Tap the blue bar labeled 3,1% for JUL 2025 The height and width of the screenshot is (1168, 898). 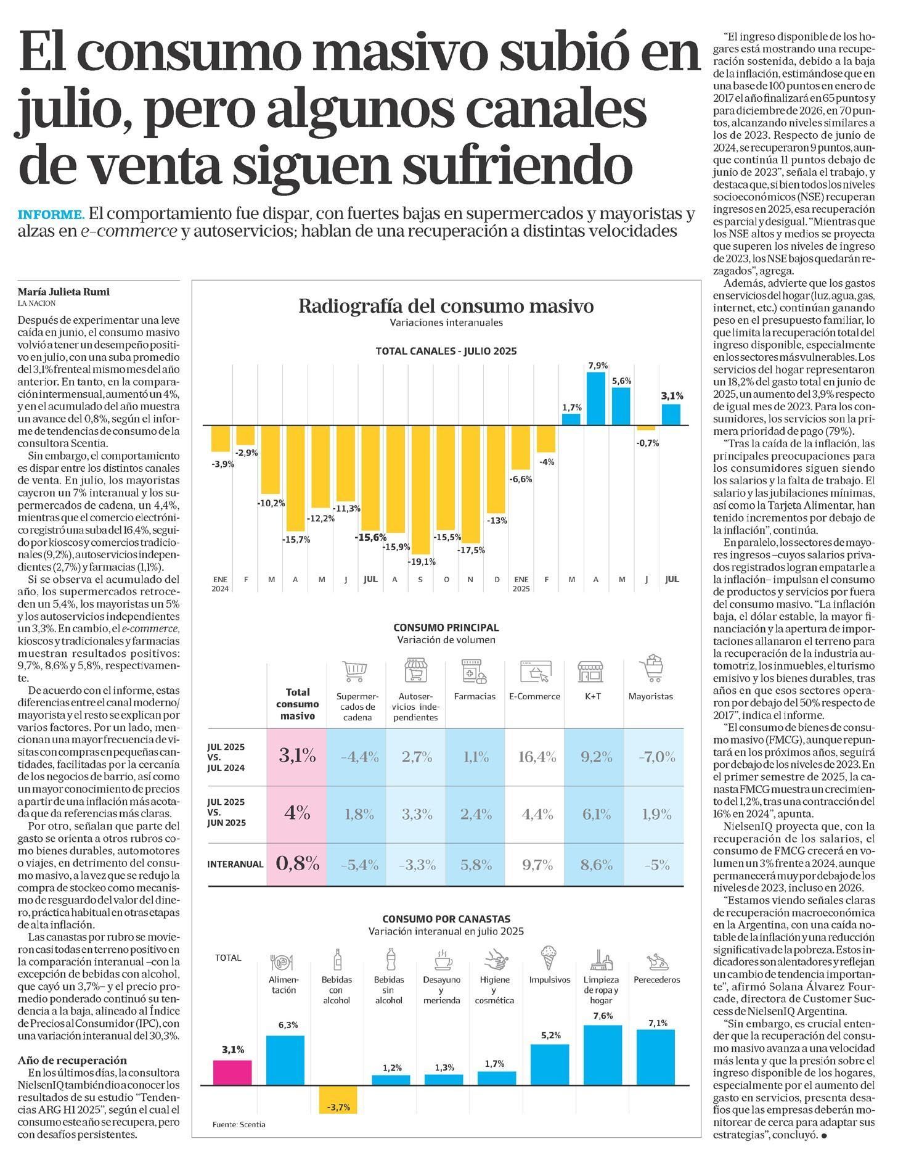click(671, 414)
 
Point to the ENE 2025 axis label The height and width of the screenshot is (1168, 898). click(521, 583)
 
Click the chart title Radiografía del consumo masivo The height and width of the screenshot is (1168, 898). click(446, 306)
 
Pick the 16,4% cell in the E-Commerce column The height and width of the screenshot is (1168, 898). click(537, 757)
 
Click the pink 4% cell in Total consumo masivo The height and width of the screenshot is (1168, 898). click(297, 813)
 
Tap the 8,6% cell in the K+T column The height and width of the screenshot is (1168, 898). click(596, 865)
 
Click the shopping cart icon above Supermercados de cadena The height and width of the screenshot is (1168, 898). click(355, 671)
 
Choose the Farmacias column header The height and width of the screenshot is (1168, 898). click(475, 696)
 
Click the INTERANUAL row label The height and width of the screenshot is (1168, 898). click(235, 865)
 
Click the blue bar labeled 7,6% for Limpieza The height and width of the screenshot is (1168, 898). click(602, 1055)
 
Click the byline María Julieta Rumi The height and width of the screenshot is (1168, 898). click(63, 292)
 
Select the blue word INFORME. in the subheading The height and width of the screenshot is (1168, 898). click(51, 215)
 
